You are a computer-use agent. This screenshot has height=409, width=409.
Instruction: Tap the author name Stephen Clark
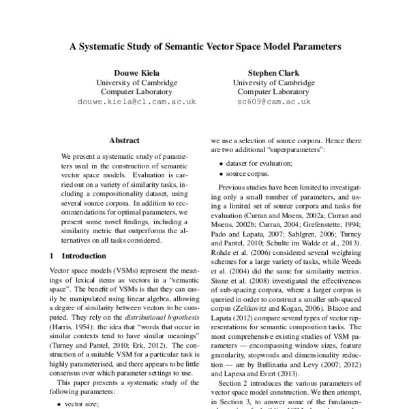tap(278, 72)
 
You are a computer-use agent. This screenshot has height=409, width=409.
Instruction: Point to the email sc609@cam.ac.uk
tap(278, 100)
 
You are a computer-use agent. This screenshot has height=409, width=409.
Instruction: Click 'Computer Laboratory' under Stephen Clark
tap(278, 91)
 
